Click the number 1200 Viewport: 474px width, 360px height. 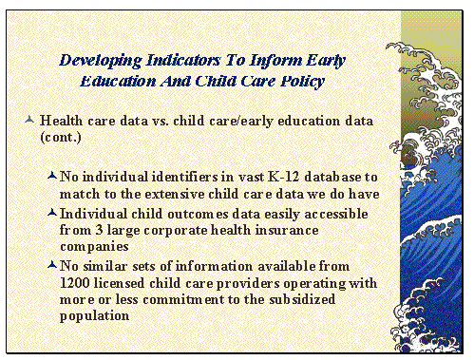pyautogui.click(x=73, y=283)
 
